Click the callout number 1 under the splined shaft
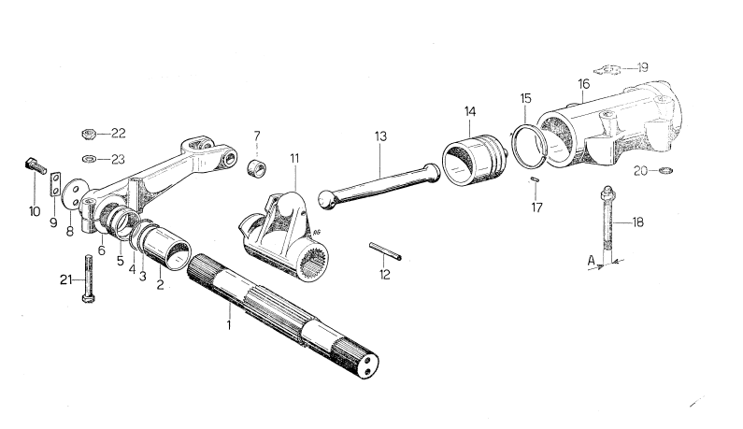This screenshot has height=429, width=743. (x=228, y=324)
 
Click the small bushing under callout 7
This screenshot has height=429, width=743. (x=255, y=169)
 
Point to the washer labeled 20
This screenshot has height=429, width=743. (x=665, y=171)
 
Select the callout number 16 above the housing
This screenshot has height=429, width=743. (x=584, y=83)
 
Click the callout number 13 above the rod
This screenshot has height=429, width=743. (x=381, y=136)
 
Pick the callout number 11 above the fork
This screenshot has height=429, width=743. (x=293, y=159)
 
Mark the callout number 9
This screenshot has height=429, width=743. (x=53, y=223)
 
